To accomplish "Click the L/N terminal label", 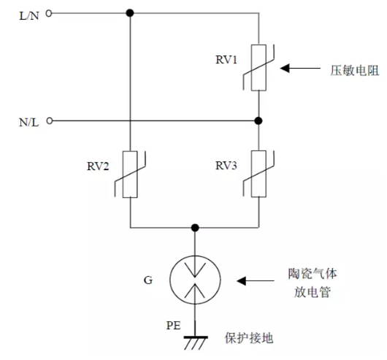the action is point(29,16).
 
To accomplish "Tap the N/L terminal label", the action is point(29,123).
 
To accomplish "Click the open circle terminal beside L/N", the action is point(49,13).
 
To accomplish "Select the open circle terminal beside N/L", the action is point(50,121).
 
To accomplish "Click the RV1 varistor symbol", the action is point(258,68).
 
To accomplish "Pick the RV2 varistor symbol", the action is point(130,175).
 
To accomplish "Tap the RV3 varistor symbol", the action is point(258,174).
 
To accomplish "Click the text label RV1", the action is point(226,60).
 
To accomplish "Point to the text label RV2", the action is point(98,166).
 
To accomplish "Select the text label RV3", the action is point(226,166).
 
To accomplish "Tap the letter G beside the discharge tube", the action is point(148,280).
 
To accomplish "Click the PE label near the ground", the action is point(174,326).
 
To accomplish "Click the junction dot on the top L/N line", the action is point(130,13).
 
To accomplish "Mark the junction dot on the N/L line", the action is point(258,121).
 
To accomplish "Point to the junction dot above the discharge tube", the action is point(195,228).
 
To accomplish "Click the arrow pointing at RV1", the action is point(300,68).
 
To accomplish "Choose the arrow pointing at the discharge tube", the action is point(256,281).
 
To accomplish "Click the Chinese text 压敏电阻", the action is point(354,70).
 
